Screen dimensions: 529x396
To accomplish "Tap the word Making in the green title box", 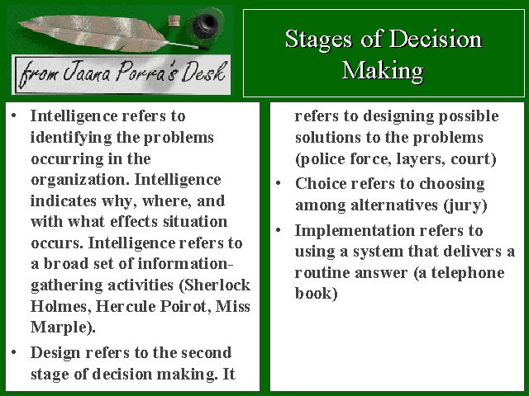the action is coord(383,71).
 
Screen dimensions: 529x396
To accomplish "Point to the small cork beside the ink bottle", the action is coord(174,21).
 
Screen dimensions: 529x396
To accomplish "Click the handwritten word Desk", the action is coord(203,72).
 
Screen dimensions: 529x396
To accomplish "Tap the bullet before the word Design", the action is coord(14,353).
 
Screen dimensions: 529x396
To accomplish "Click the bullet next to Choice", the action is coord(279,184).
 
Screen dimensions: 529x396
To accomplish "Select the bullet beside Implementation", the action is coord(279,231).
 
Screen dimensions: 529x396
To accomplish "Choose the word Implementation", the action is coord(355,231).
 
